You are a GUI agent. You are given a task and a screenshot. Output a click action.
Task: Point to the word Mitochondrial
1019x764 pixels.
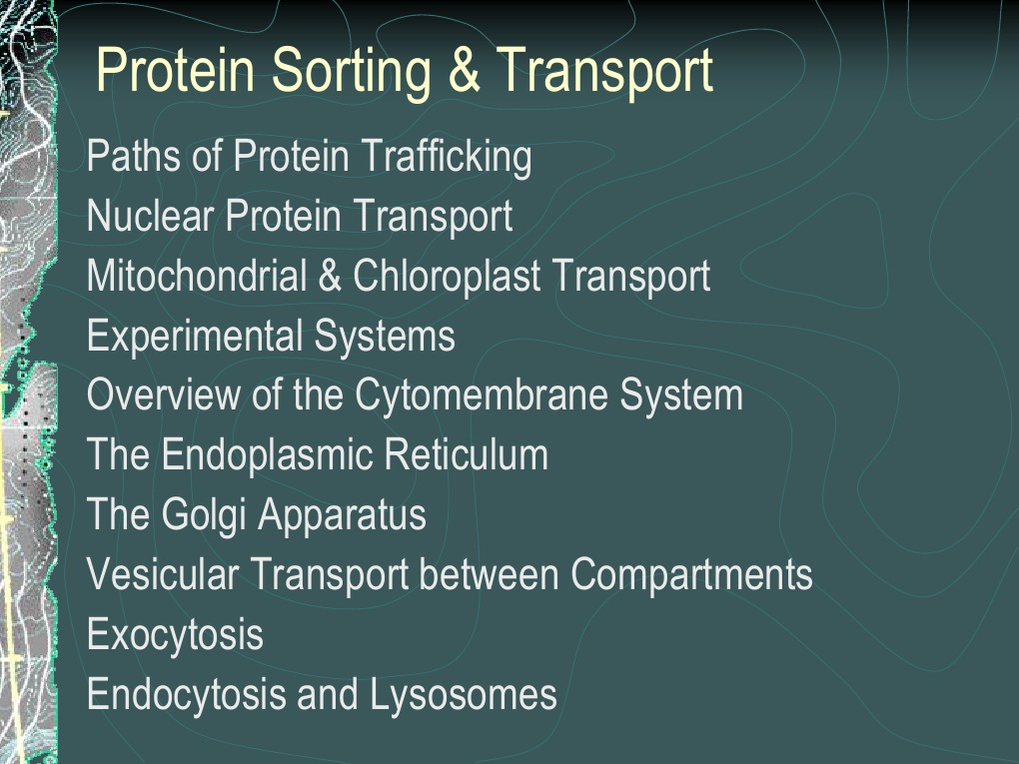tap(197, 277)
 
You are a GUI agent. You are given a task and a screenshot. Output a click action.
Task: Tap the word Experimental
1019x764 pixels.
tap(196, 337)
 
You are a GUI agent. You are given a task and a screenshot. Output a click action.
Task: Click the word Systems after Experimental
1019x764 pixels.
tap(385, 337)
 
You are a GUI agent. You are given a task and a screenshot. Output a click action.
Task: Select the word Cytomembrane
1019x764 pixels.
tap(482, 396)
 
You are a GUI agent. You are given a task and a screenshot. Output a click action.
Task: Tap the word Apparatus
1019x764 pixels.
tap(342, 516)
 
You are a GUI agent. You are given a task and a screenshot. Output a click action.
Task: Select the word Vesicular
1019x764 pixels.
tap(163, 575)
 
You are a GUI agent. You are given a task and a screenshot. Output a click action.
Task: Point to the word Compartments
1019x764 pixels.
tap(691, 575)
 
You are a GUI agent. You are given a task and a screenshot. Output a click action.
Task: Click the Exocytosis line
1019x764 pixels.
tap(175, 636)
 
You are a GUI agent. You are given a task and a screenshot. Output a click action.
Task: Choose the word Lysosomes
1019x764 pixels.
tap(464, 695)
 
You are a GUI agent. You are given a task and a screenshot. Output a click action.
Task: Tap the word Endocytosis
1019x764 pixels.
tap(186, 695)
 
